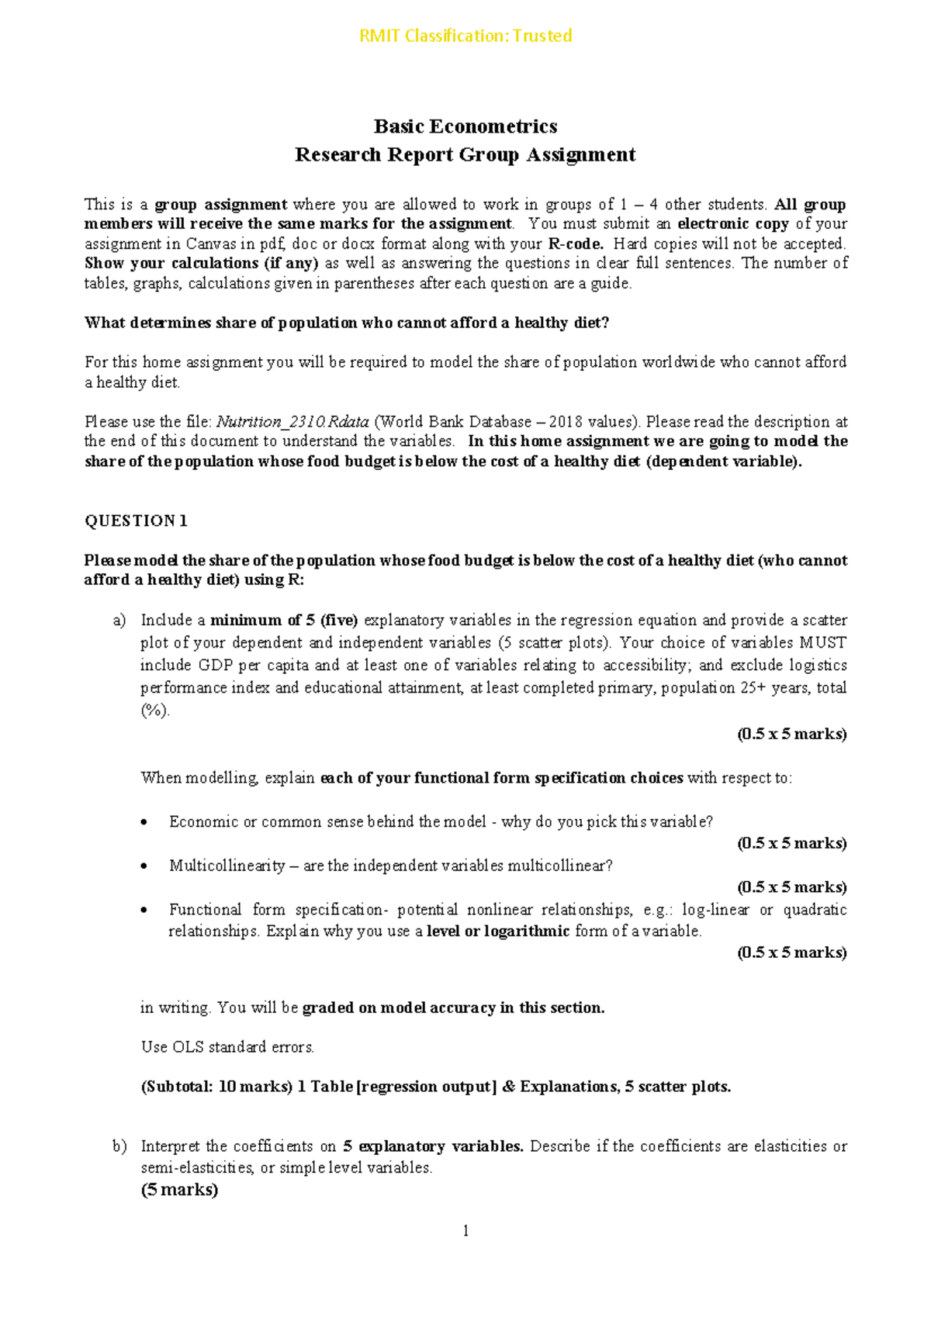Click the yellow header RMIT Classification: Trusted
[x=465, y=36]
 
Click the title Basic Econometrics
[x=465, y=126]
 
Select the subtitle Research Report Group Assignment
[x=465, y=155]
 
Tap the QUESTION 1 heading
[x=136, y=520]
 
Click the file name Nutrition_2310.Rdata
[x=292, y=422]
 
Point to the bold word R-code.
[x=575, y=244]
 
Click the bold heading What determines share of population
[x=346, y=323]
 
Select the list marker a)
[x=119, y=620]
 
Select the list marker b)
[x=119, y=1146]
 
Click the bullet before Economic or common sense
[x=144, y=823]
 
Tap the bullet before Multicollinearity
[x=144, y=867]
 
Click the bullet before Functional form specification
[x=144, y=911]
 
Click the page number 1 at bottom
[x=465, y=1231]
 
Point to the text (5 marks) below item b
[x=179, y=1190]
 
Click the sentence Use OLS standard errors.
[x=227, y=1047]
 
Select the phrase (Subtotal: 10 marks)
[x=216, y=1087]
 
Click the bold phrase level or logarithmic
[x=498, y=932]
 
